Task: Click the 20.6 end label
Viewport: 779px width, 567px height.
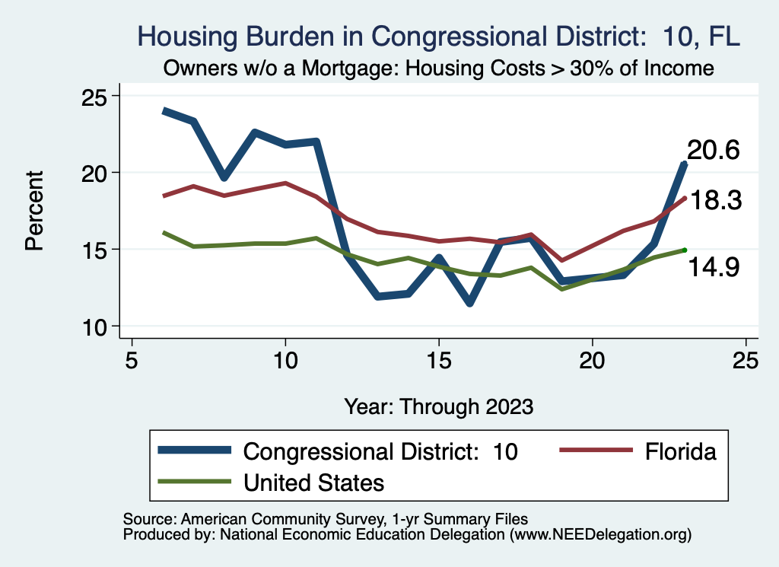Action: [x=713, y=150]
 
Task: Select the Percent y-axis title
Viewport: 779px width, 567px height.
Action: [x=33, y=211]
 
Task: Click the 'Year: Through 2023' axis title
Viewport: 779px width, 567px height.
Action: [x=438, y=406]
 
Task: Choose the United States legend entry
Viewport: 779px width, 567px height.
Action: [x=313, y=482]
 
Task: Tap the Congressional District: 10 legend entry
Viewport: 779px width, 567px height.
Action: [x=380, y=451]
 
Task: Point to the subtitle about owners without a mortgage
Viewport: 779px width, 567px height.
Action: [x=438, y=68]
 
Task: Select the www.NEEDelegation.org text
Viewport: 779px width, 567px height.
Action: [x=600, y=534]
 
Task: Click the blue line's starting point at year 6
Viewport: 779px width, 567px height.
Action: [x=164, y=111]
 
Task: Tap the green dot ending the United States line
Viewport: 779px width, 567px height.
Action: [x=685, y=250]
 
